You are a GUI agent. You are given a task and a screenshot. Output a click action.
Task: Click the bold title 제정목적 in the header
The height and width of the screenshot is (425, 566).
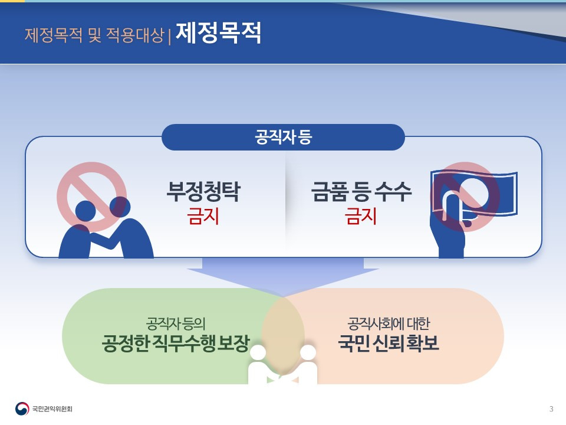click(x=218, y=34)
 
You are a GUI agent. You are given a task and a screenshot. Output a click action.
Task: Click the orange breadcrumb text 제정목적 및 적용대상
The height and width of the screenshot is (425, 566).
click(x=94, y=35)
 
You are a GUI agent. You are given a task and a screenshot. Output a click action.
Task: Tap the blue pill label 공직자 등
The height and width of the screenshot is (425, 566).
click(x=283, y=138)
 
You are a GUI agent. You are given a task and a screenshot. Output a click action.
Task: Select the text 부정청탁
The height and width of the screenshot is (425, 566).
click(x=203, y=192)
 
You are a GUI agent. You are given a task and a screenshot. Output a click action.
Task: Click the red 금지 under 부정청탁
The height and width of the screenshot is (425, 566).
click(x=203, y=217)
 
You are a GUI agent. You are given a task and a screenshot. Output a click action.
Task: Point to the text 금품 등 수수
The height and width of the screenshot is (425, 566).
click(x=361, y=192)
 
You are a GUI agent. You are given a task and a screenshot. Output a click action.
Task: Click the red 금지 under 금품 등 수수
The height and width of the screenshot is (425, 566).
click(x=361, y=217)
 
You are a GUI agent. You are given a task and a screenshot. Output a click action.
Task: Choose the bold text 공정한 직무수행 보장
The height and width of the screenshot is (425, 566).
click(x=176, y=343)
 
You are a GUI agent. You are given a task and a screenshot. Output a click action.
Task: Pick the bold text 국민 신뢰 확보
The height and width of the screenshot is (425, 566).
click(x=389, y=343)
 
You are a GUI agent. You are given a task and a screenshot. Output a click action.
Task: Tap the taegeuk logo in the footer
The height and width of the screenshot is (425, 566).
click(x=22, y=408)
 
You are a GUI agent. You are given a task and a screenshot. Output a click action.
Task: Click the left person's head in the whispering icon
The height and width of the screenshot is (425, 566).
click(x=85, y=210)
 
